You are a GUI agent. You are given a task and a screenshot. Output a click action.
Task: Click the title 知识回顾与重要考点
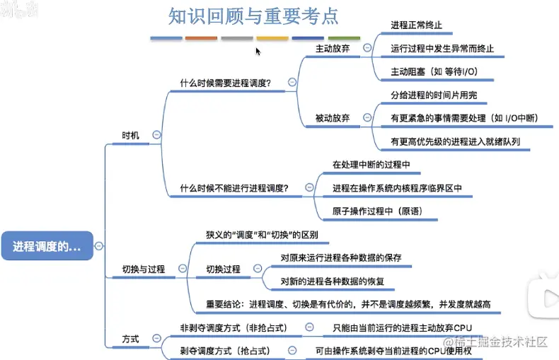point(253,16)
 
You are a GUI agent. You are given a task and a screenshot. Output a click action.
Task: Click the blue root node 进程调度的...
point(47,246)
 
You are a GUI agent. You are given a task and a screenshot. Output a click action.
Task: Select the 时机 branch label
point(131,135)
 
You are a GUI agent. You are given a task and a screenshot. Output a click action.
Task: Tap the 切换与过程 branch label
point(144,269)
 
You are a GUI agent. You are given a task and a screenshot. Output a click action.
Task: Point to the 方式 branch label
point(131,339)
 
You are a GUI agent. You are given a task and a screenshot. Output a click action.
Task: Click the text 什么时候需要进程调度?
point(226,83)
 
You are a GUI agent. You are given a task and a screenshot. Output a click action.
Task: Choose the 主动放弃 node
point(333,48)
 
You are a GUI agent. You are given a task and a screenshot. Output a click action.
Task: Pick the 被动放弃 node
point(333,118)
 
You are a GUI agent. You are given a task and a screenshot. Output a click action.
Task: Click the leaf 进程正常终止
point(417,25)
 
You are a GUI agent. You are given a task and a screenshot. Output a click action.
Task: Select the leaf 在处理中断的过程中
point(371,165)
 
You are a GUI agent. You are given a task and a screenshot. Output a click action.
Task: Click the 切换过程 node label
point(223,269)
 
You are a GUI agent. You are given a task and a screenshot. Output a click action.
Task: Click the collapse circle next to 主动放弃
point(367,48)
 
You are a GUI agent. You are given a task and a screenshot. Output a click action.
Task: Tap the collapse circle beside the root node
point(99,246)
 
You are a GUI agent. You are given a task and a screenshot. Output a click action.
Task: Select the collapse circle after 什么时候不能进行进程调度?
point(309,188)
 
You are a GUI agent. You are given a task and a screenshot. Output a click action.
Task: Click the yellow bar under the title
point(272,37)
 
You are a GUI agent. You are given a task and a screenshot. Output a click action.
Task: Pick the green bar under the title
point(344,37)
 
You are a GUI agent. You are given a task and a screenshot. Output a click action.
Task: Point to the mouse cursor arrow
point(258,51)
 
